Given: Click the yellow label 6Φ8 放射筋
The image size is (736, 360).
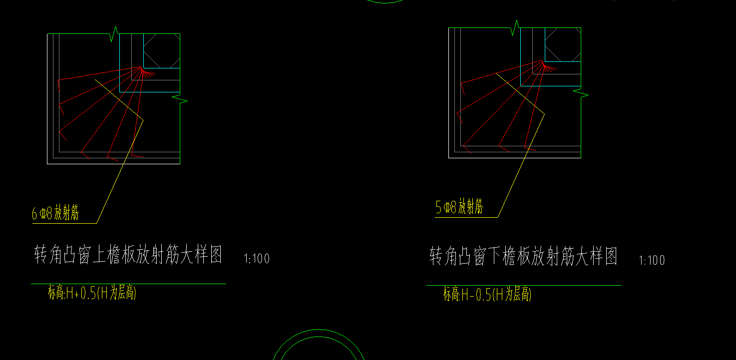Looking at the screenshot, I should [55, 214].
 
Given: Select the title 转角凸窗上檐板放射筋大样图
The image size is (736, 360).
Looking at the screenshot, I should [128, 255].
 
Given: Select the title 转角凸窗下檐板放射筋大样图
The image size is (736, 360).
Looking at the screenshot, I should [523, 257].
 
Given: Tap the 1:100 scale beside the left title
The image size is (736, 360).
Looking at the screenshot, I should [257, 259].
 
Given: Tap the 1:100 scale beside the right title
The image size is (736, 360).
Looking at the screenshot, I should [652, 260].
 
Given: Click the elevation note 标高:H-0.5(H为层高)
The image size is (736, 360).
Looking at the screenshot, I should [487, 295].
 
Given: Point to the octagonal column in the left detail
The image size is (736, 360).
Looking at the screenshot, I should [161, 50].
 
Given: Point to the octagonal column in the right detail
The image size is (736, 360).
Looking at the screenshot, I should [563, 45].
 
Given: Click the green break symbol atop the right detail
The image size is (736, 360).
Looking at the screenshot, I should [516, 28].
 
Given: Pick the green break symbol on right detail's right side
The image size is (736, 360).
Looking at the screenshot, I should [581, 93].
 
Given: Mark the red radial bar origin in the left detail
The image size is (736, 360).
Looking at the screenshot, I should [142, 68].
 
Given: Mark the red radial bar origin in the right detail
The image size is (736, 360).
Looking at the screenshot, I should [543, 61].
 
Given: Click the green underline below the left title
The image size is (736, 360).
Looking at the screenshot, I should [128, 284].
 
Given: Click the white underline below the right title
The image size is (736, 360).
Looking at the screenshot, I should [523, 285].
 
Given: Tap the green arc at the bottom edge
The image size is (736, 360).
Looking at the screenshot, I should [319, 331].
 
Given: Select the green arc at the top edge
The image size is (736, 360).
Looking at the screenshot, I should [385, 2].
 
